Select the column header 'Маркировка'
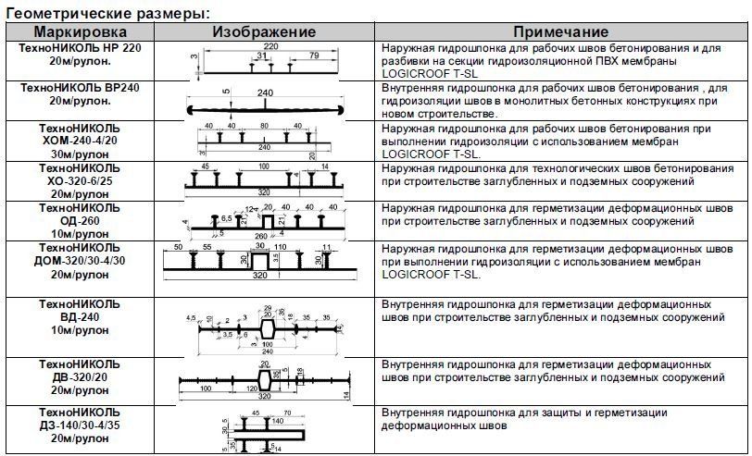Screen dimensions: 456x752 pos(65,31)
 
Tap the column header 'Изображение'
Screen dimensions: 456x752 pos(264,31)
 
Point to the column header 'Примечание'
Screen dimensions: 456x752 pos(561,31)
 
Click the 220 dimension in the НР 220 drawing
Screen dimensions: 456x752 pos(270,45)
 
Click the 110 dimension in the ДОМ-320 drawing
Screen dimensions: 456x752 pos(282,249)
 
